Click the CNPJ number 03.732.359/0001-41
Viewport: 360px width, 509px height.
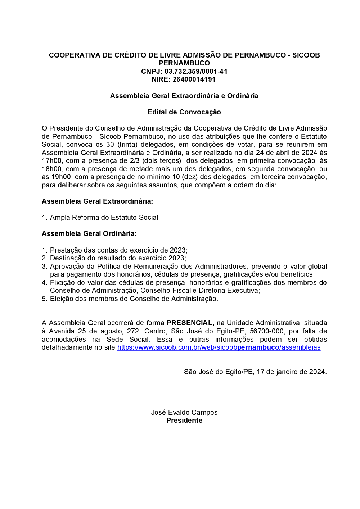coord(196,71)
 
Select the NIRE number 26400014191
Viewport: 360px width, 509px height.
coord(194,79)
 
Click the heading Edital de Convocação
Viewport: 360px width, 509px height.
coord(184,112)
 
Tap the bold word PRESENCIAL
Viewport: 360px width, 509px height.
coord(190,323)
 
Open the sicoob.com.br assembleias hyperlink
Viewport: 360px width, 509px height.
coord(219,347)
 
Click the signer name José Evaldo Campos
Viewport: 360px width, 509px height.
coord(184,412)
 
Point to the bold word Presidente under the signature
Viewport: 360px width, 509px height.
coord(184,420)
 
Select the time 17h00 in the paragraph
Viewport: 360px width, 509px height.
coord(51,161)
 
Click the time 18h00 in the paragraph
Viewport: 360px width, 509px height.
coord(51,169)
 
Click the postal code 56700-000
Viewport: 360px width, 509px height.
coord(266,331)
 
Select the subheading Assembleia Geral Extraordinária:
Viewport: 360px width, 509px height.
coord(97,201)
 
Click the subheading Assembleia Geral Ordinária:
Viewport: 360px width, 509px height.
coord(89,233)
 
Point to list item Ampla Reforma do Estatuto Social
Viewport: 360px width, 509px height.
coord(104,217)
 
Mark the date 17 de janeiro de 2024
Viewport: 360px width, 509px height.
coord(291,372)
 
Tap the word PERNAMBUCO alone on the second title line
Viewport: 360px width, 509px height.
coord(184,63)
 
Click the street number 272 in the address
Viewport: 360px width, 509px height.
coord(133,331)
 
